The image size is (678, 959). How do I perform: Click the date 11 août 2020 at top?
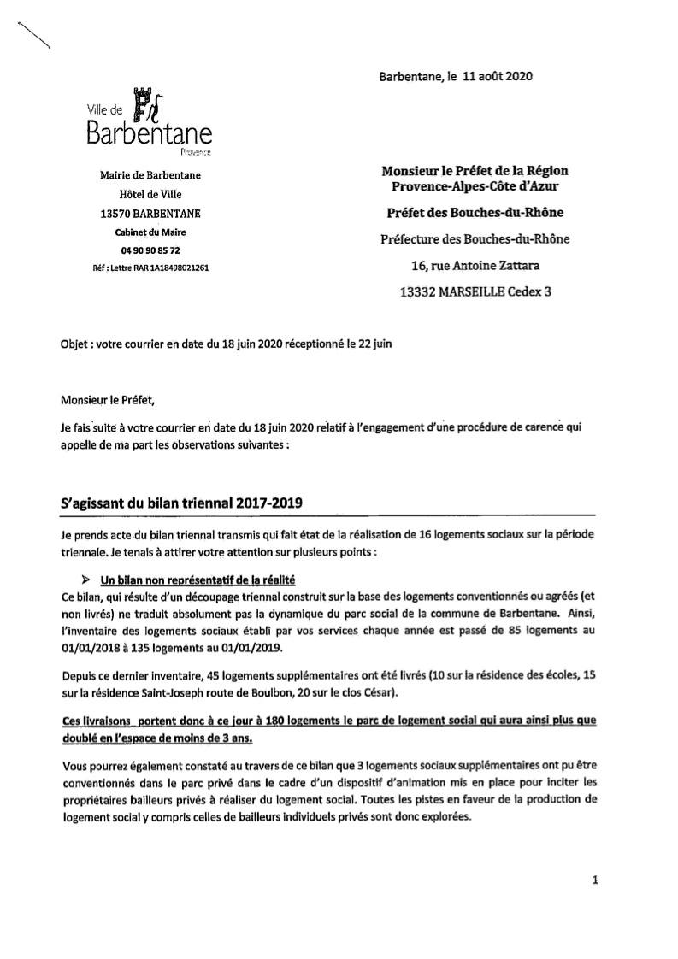pyautogui.click(x=497, y=76)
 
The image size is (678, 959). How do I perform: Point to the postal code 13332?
pyautogui.click(x=419, y=291)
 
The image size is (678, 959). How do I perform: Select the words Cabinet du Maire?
pyautogui.click(x=150, y=232)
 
